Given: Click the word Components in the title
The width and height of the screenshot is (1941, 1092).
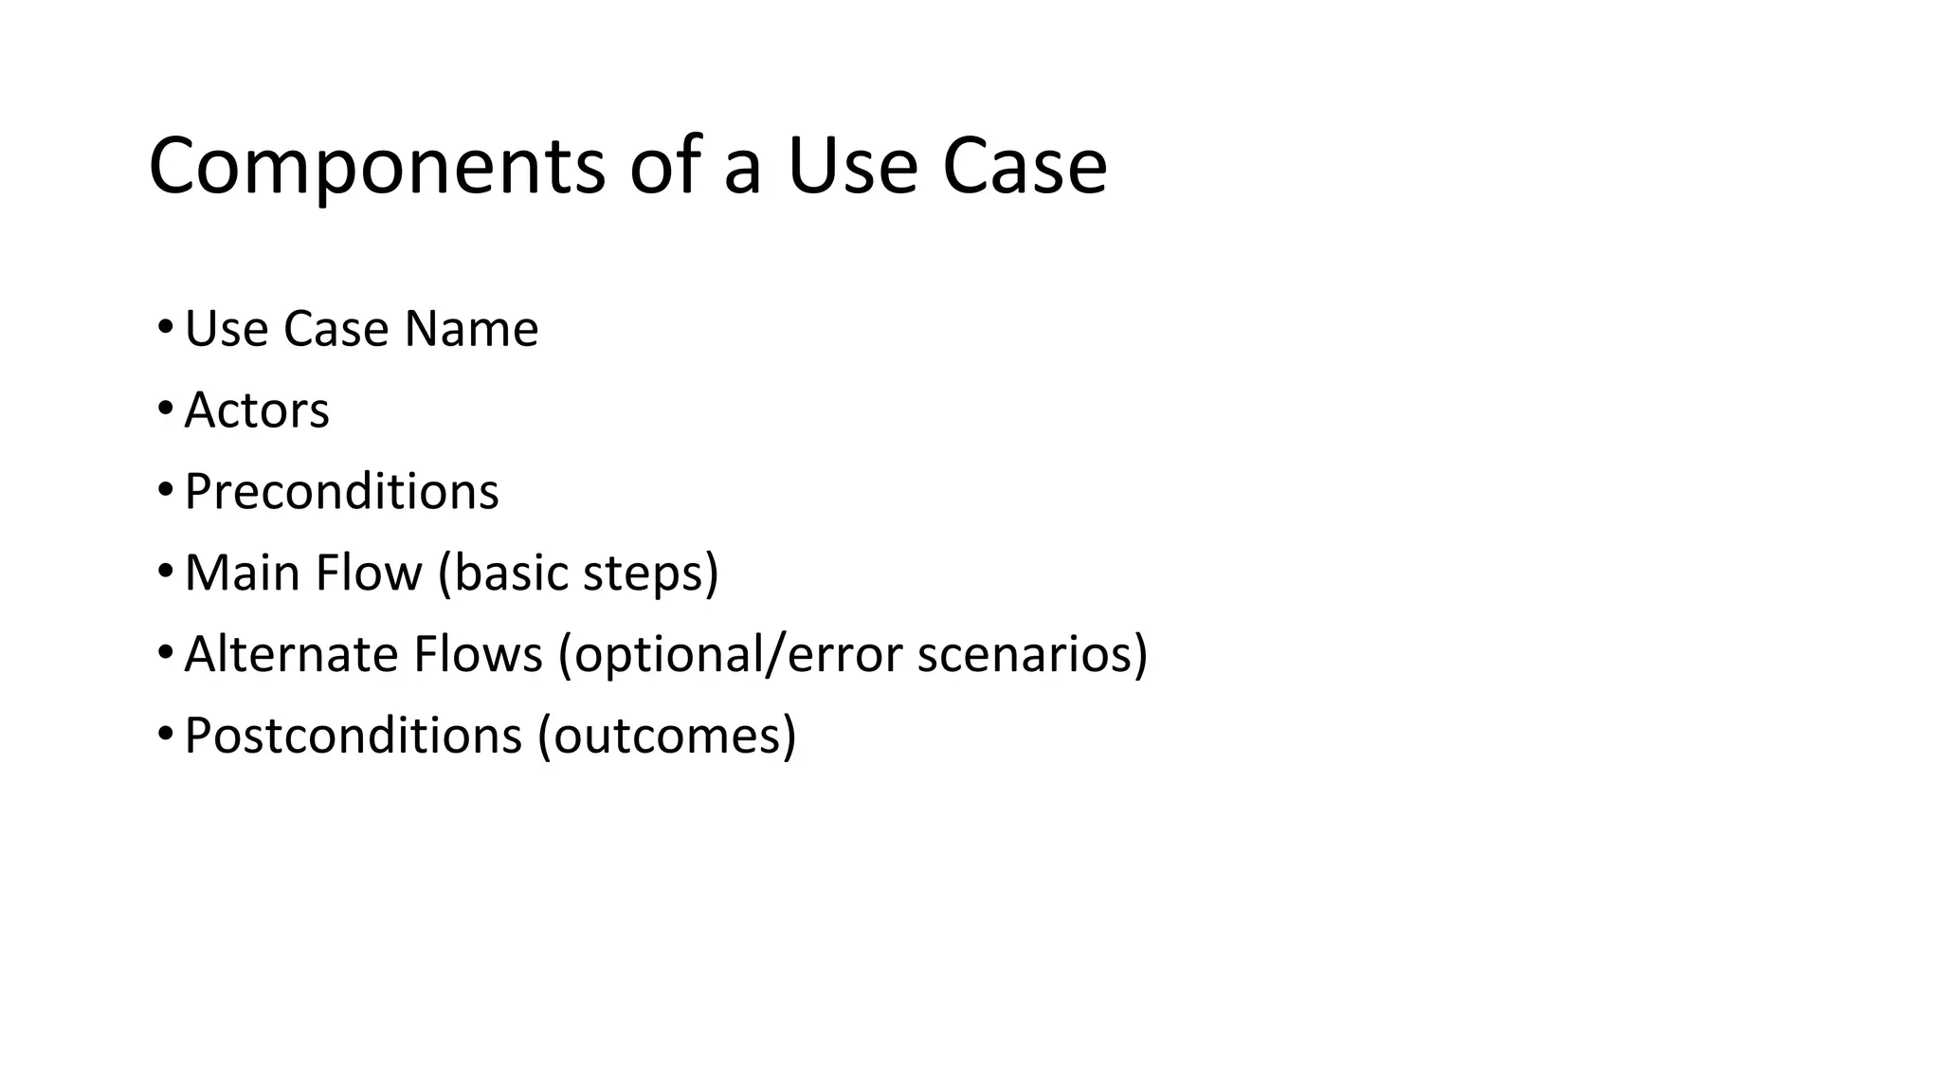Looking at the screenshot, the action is (376, 168).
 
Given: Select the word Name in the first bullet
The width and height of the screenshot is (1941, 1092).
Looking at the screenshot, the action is (471, 329).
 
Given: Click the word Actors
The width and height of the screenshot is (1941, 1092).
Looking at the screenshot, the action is (257, 410).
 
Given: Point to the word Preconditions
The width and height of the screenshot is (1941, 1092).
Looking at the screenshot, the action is (341, 491).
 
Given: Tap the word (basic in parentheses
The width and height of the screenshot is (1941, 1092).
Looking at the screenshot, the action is (502, 573).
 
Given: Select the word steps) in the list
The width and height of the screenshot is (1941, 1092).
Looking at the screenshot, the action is (651, 573).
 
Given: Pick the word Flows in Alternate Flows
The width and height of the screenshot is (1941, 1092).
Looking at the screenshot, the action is (478, 654).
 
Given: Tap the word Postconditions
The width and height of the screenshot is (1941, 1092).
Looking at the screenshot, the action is (354, 736).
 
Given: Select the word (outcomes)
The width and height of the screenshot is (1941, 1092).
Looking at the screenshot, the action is (667, 737).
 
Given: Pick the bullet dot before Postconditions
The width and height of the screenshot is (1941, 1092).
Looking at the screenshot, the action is (165, 735).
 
